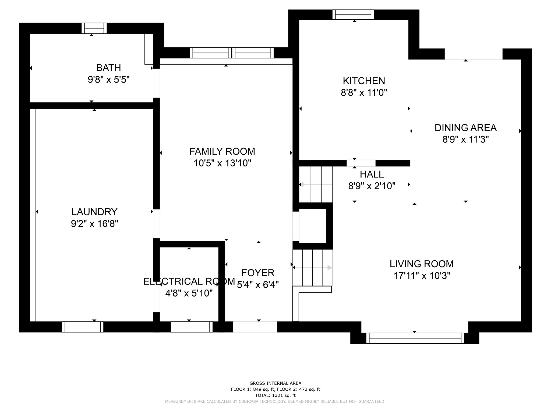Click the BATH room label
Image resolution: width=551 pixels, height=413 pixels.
click(x=108, y=68)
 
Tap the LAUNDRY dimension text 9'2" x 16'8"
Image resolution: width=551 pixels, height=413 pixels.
click(x=94, y=224)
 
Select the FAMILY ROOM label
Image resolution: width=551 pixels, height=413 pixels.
click(x=222, y=152)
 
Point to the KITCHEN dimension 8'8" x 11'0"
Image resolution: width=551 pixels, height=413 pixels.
click(x=364, y=93)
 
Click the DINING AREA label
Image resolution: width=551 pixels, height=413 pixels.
click(x=465, y=128)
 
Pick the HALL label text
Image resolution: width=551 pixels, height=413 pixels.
click(x=372, y=175)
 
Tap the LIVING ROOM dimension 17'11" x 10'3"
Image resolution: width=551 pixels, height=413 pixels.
click(x=422, y=276)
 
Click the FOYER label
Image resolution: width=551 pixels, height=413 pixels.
click(x=258, y=273)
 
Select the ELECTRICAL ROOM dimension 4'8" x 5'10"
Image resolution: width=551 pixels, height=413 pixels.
click(x=189, y=293)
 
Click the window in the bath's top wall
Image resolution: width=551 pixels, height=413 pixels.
click(x=94, y=28)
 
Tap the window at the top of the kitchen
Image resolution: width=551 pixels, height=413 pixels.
click(x=353, y=15)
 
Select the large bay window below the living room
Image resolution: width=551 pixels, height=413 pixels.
click(x=415, y=338)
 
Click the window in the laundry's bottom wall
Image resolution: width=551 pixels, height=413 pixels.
click(x=83, y=327)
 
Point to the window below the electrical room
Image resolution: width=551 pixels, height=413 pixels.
click(x=192, y=327)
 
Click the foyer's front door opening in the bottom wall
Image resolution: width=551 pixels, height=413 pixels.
click(x=255, y=327)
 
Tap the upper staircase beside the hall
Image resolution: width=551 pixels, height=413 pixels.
click(x=316, y=184)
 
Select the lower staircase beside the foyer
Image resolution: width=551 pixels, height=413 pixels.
click(x=312, y=268)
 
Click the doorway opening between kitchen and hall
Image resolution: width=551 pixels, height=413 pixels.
click(x=361, y=163)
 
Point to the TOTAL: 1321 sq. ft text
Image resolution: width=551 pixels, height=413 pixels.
click(x=275, y=396)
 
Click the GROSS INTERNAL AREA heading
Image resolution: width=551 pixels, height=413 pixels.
click(x=275, y=383)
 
